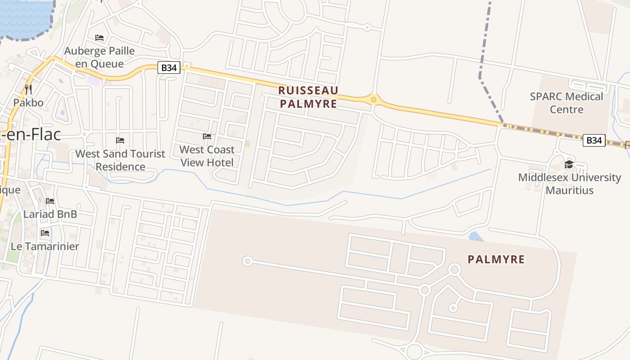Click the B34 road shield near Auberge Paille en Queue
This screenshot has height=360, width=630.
tap(169, 68)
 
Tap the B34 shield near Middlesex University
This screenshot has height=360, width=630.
tap(594, 140)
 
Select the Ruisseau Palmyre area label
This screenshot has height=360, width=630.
tap(308, 97)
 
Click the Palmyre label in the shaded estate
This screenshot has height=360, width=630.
tap(496, 260)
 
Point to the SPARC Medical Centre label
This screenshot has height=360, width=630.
tap(566, 103)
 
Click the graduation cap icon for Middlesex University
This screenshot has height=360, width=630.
tap(569, 164)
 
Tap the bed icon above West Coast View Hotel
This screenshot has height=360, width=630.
tap(207, 136)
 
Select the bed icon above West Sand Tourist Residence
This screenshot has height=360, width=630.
tap(120, 140)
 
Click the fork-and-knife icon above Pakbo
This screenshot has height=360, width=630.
tap(28, 89)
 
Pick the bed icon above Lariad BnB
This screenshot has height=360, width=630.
tap(50, 201)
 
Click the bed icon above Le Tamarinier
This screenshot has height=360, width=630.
tap(45, 233)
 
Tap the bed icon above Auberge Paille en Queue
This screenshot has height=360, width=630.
tap(99, 37)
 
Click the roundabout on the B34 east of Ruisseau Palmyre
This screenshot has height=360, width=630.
tap(373, 99)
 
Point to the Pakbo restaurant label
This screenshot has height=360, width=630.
tap(28, 103)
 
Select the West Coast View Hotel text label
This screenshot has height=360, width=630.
tap(207, 156)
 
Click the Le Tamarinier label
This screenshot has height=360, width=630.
tap(45, 247)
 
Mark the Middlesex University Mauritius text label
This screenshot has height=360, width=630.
tap(569, 184)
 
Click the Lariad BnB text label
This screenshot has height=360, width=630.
tap(50, 214)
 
